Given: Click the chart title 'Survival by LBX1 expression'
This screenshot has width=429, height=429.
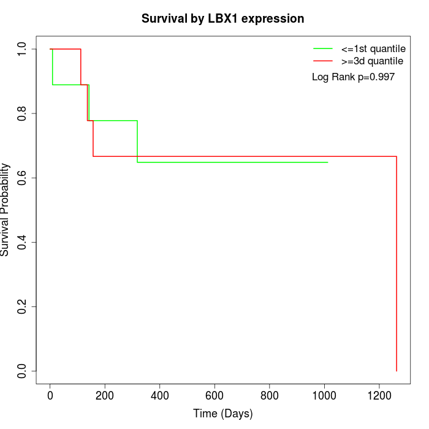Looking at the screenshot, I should click(x=222, y=18).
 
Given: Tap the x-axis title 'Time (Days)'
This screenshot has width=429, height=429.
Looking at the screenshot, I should click(x=222, y=414).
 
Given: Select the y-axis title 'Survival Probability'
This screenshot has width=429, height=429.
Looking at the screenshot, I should click(x=6, y=210).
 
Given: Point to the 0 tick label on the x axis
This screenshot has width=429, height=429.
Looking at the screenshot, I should click(x=50, y=395).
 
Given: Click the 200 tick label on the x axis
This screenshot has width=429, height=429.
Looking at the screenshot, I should click(x=105, y=395).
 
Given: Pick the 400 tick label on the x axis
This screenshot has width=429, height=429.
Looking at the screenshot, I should click(x=160, y=395).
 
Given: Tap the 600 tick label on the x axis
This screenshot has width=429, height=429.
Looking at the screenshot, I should click(x=214, y=395).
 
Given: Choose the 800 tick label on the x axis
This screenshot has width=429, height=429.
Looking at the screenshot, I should click(x=269, y=395).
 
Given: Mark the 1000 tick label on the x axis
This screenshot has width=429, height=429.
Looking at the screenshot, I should click(x=324, y=395).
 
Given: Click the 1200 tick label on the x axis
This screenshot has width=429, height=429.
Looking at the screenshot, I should click(x=379, y=395).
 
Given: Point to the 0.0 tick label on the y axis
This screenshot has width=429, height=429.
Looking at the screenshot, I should click(x=23, y=371).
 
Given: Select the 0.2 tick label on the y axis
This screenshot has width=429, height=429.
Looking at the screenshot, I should click(x=23, y=306).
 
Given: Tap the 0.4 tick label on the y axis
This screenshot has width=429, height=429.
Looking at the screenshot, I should click(x=23, y=242).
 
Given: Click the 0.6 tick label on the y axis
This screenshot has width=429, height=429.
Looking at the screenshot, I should click(x=23, y=178).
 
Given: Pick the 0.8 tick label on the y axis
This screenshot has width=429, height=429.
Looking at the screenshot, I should click(x=23, y=113).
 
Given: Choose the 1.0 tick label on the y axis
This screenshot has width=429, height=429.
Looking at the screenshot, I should click(x=23, y=49).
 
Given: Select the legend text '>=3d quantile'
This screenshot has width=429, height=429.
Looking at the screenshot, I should click(x=372, y=61).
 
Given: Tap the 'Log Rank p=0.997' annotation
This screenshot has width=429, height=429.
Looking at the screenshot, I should click(x=353, y=77).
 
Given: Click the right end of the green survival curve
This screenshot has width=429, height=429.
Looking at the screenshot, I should click(x=328, y=162).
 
